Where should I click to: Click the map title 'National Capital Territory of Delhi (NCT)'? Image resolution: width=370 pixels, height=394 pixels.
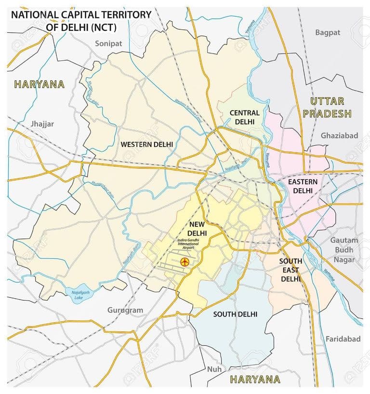pyautogui.click(x=80, y=20)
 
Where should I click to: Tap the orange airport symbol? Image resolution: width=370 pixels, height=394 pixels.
pyautogui.click(x=184, y=262)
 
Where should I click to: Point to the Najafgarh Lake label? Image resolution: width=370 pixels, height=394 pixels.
pyautogui.click(x=75, y=295)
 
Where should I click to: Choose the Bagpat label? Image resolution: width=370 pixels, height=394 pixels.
pyautogui.click(x=328, y=33)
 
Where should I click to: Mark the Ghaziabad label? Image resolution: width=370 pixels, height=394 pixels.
pyautogui.click(x=339, y=136)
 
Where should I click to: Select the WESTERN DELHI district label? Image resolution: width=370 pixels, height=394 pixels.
pyautogui.click(x=146, y=144)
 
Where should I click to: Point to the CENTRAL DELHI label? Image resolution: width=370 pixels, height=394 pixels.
pyautogui.click(x=244, y=117)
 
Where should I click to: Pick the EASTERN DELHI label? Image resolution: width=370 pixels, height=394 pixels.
pyautogui.click(x=303, y=186)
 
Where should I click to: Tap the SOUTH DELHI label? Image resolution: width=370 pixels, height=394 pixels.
pyautogui.click(x=235, y=314)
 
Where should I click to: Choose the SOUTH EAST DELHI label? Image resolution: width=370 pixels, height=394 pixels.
pyautogui.click(x=291, y=270)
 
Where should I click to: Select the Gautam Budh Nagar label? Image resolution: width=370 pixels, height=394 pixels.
pyautogui.click(x=344, y=250)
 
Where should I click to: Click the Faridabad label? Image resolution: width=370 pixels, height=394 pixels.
pyautogui.click(x=343, y=339)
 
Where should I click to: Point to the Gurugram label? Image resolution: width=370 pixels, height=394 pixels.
pyautogui.click(x=125, y=310)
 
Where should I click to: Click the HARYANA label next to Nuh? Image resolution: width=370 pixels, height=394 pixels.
pyautogui.click(x=255, y=379)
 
